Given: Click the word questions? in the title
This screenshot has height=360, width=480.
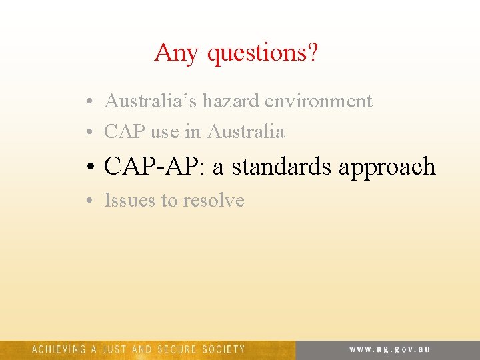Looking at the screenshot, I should click(x=262, y=53).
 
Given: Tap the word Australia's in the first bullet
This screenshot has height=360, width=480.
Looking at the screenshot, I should click(x=151, y=101).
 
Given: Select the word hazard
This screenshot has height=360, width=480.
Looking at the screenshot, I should click(x=231, y=101).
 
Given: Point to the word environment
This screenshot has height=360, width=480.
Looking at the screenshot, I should click(x=319, y=101).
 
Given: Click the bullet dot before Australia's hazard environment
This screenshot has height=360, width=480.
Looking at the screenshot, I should click(x=89, y=103).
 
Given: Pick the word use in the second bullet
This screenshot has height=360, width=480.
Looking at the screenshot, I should click(x=165, y=132).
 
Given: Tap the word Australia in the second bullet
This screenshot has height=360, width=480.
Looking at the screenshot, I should click(x=246, y=132).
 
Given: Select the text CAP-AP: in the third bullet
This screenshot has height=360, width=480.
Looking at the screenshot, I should click(x=155, y=167).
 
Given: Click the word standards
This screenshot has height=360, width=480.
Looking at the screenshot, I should click(x=282, y=167).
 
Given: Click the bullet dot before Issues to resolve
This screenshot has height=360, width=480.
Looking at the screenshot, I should click(x=89, y=201).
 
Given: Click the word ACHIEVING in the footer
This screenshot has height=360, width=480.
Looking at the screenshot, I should click(x=59, y=349).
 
